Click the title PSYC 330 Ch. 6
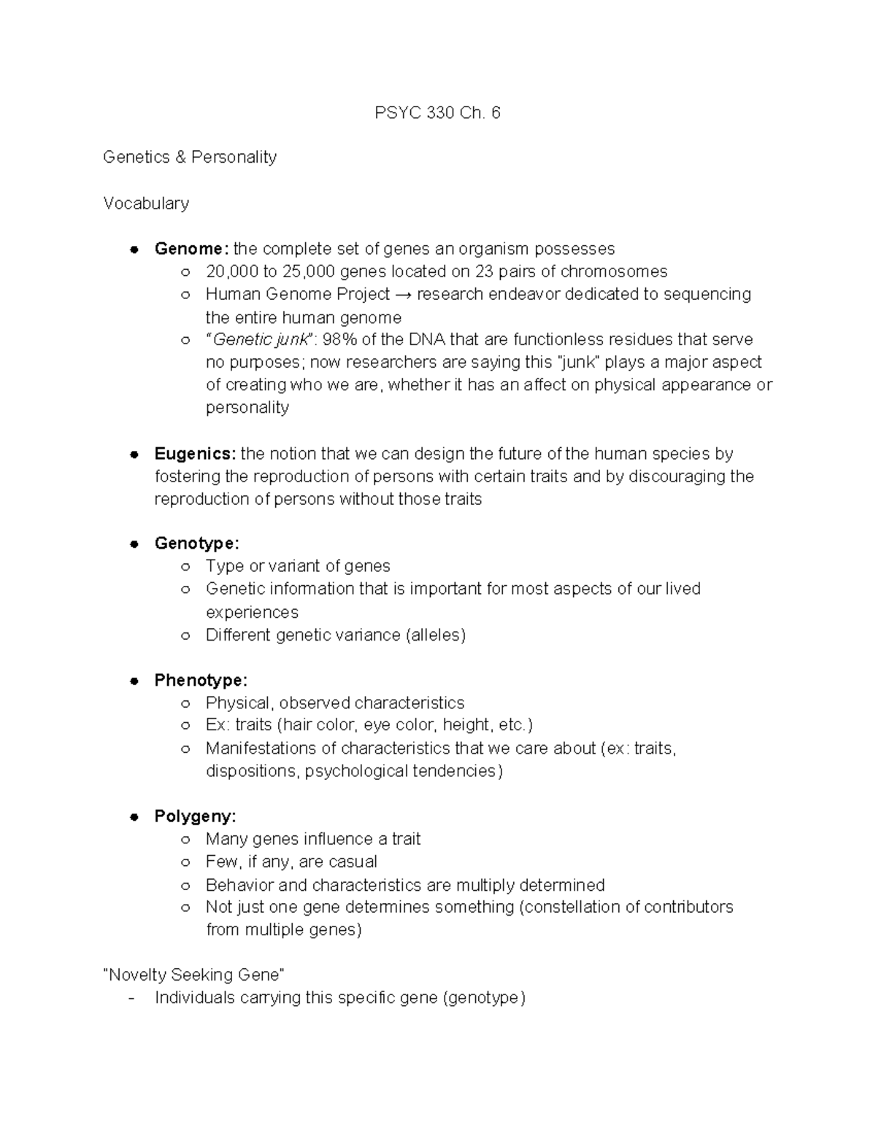click(x=437, y=112)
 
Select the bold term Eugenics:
click(x=195, y=454)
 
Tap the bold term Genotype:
click(x=196, y=544)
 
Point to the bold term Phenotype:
click(x=201, y=680)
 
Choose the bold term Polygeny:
click(x=195, y=816)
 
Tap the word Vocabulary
click(x=146, y=203)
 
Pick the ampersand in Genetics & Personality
click(x=180, y=158)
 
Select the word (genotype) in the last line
click(x=484, y=998)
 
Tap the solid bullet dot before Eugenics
click(x=134, y=455)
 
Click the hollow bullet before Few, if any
click(x=186, y=862)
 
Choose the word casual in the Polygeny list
click(x=353, y=862)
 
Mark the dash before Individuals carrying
click(x=131, y=999)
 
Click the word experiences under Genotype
click(x=252, y=612)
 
